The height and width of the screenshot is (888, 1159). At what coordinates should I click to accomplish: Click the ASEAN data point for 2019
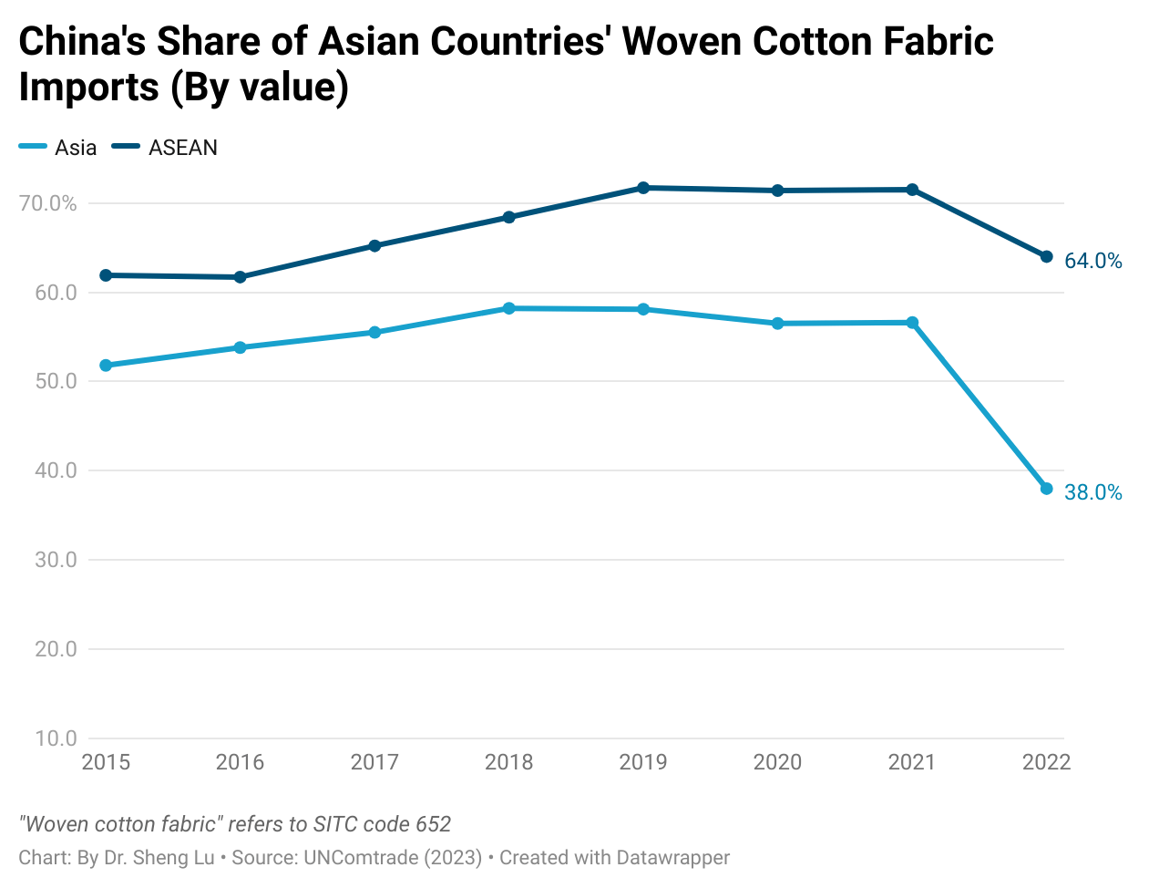(x=643, y=188)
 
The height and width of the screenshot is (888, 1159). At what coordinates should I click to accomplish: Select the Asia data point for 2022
(x=1046, y=490)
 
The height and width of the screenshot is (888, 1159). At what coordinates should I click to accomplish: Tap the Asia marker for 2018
(x=509, y=308)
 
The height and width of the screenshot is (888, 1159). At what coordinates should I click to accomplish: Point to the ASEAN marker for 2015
(x=106, y=275)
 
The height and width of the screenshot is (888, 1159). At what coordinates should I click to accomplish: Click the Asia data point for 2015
(x=106, y=366)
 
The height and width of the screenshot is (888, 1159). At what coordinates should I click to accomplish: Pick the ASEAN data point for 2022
(x=1046, y=257)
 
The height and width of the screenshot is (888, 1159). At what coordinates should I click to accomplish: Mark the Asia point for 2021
(x=912, y=323)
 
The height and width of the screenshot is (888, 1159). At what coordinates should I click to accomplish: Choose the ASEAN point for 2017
(x=374, y=245)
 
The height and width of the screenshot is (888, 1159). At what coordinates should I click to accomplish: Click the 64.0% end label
(x=1093, y=262)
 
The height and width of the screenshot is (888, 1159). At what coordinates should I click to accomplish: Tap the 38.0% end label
(x=1093, y=493)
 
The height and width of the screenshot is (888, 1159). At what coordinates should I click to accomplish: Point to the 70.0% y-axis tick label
(x=48, y=203)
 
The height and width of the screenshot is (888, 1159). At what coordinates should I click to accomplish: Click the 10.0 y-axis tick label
(x=56, y=738)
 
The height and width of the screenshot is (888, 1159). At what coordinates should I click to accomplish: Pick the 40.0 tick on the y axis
(x=56, y=470)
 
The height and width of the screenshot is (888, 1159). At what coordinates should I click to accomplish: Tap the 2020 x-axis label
(x=777, y=762)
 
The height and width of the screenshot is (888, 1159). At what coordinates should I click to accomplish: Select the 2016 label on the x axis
(x=240, y=762)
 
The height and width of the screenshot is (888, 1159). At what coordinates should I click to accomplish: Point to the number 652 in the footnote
(x=433, y=824)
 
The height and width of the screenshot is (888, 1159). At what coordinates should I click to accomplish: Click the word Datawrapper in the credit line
(x=672, y=858)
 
